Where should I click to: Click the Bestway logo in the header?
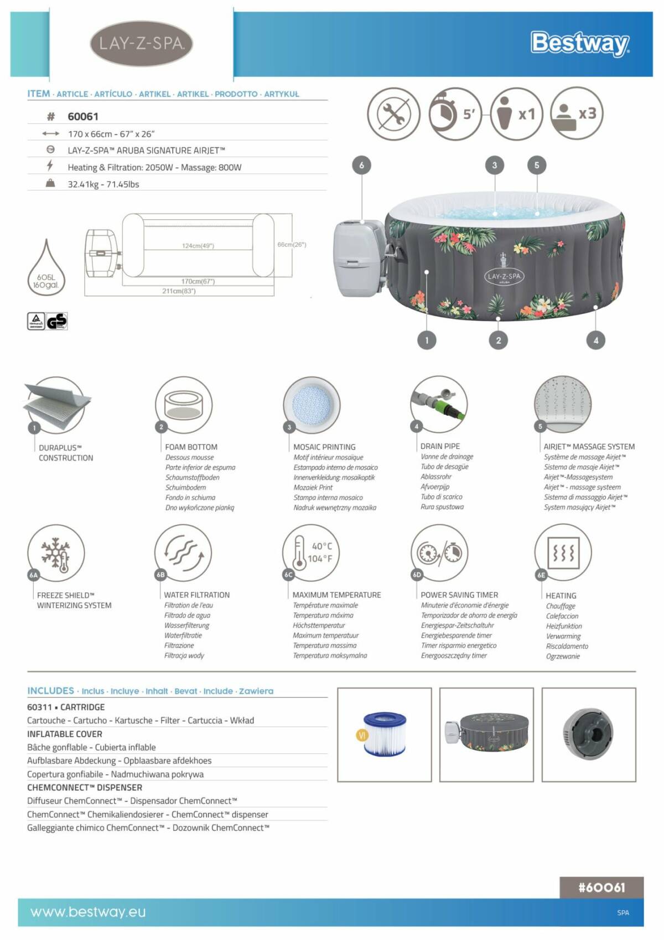pyautogui.click(x=579, y=43)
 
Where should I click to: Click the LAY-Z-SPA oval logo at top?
pyautogui.click(x=141, y=44)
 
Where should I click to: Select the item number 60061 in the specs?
pyautogui.click(x=83, y=116)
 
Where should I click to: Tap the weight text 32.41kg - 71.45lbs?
pyautogui.click(x=103, y=184)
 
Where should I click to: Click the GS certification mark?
pyautogui.click(x=57, y=321)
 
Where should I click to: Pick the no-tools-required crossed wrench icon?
pyautogui.click(x=393, y=114)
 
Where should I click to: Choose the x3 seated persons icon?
pyautogui.click(x=575, y=113)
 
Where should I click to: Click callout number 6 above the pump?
pyautogui.click(x=361, y=165)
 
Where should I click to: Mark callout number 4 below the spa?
pyautogui.click(x=595, y=340)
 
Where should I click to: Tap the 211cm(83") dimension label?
pyautogui.click(x=179, y=291)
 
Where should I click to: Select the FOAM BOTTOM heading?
pyautogui.click(x=191, y=447)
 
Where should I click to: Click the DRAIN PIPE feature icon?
pyautogui.click(x=439, y=404)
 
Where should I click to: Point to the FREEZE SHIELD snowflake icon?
pyautogui.click(x=56, y=553)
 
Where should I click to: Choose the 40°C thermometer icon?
pyautogui.click(x=310, y=552)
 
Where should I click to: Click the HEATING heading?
pyautogui.click(x=561, y=596)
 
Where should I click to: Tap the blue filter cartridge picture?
pyautogui.click(x=385, y=734)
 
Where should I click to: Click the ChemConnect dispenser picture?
pyautogui.click(x=588, y=734)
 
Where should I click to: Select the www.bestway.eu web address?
pyautogui.click(x=88, y=912)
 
